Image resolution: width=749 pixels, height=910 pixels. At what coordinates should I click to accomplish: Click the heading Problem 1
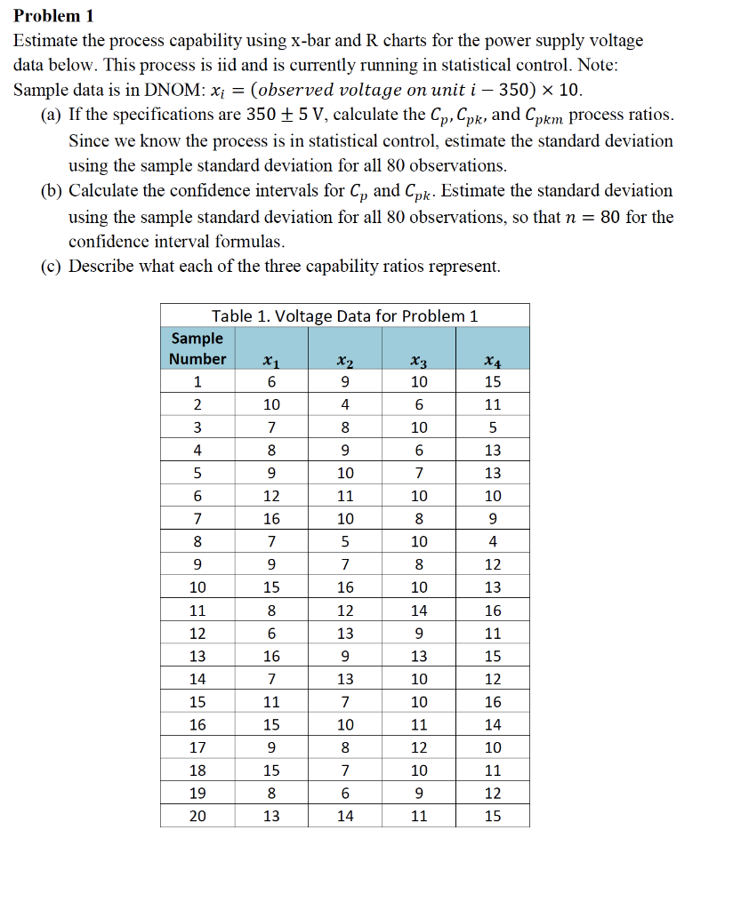(x=53, y=17)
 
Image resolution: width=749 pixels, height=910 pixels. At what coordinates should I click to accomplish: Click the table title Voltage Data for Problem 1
(x=344, y=316)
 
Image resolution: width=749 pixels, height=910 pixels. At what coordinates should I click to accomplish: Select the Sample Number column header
(x=197, y=348)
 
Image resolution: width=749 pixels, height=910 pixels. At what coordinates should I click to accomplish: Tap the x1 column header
(x=271, y=360)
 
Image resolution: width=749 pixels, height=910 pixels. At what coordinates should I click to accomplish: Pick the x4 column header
(x=492, y=360)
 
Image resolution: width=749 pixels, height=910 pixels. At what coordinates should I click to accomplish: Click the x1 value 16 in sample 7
(x=271, y=519)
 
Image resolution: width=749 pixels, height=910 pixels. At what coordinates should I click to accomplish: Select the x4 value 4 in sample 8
(x=492, y=542)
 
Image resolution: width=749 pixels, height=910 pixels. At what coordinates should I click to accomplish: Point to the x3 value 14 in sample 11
(x=419, y=611)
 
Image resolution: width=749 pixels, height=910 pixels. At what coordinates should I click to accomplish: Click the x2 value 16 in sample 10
(x=345, y=587)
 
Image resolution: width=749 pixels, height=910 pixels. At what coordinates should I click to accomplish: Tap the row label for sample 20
(x=197, y=816)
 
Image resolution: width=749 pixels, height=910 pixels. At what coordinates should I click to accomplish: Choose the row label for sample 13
(x=197, y=657)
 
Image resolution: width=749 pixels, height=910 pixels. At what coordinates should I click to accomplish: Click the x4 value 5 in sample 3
(x=492, y=427)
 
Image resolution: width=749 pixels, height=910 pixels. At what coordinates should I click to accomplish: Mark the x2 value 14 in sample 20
(x=345, y=816)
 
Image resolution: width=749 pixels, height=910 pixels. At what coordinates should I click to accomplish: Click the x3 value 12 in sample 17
(x=419, y=747)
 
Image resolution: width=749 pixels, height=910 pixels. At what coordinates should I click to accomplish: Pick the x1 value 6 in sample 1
(x=271, y=382)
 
